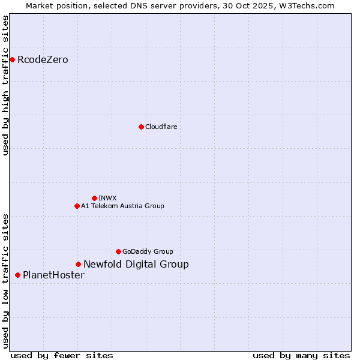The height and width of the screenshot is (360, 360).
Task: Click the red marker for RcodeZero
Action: (12, 59)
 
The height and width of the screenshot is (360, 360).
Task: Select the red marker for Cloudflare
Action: (141, 127)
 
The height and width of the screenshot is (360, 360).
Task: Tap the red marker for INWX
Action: (94, 198)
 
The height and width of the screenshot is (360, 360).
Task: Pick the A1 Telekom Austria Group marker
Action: (77, 206)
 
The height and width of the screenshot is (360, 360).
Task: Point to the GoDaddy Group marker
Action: (118, 251)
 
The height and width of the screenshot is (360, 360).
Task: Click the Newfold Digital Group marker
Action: (78, 264)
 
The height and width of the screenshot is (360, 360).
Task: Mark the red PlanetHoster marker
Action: (17, 275)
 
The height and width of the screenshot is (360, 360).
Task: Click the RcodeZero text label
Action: (43, 59)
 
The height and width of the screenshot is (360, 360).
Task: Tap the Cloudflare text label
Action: (161, 127)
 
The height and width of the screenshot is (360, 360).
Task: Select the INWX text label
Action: (107, 198)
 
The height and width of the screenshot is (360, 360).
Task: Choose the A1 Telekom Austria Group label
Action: (122, 206)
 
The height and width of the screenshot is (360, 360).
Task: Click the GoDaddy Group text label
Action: (148, 251)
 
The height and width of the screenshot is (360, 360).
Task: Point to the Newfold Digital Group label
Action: (136, 264)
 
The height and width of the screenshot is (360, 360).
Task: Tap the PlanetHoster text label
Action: (53, 275)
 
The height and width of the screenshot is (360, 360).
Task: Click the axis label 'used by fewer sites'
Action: (62, 355)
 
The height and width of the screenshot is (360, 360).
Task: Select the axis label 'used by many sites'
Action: (301, 355)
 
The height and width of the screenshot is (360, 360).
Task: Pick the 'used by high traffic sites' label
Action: (6, 85)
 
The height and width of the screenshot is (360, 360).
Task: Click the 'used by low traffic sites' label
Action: (6, 281)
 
